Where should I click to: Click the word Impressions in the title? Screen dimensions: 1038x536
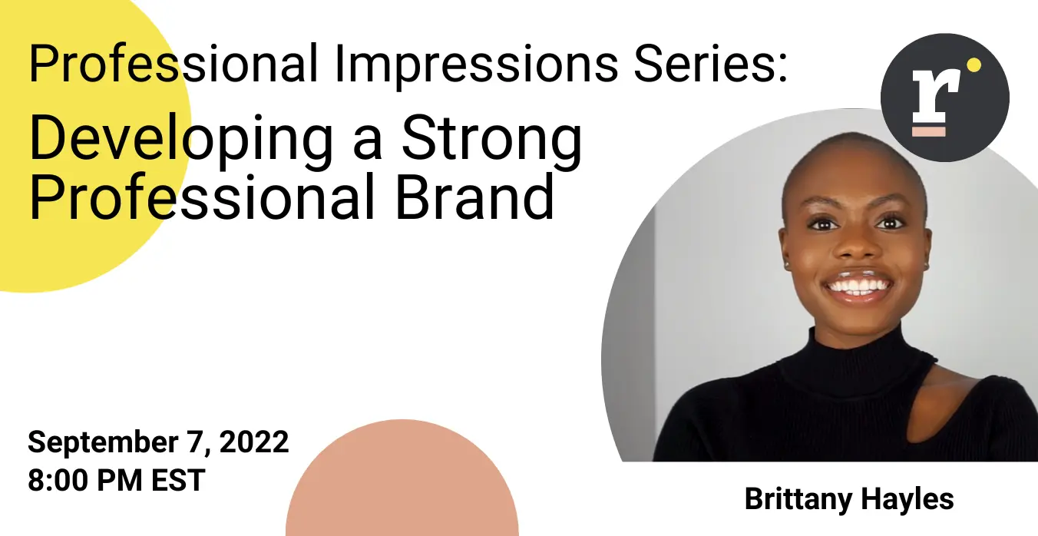click(x=476, y=65)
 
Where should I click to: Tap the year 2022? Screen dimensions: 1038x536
click(x=254, y=442)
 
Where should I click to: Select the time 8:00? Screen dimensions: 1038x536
click(x=58, y=480)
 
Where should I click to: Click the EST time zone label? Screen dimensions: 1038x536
click(x=178, y=480)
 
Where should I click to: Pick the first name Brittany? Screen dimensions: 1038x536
click(x=798, y=500)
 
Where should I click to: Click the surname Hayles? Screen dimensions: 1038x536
click(x=907, y=500)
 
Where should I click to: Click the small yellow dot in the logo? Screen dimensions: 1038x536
click(x=974, y=65)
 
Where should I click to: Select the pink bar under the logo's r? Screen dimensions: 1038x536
click(x=929, y=131)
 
